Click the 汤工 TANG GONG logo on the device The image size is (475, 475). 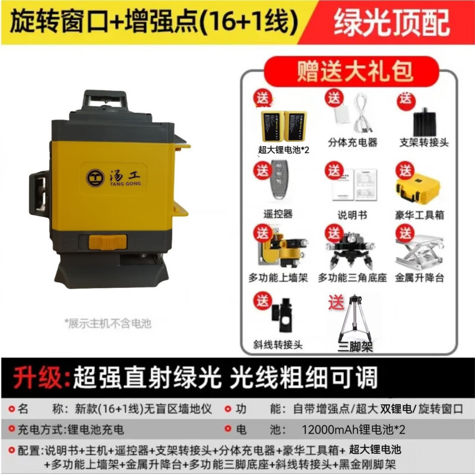114,178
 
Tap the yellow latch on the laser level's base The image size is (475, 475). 107,242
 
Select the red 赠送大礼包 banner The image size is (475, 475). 351,71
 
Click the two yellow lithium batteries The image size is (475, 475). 284,126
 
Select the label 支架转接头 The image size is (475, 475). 424,142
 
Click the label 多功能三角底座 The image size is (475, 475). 352,277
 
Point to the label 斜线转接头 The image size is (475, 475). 278,345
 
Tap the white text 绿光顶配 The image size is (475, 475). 392,23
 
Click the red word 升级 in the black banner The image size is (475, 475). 39,377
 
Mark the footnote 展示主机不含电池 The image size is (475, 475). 108,324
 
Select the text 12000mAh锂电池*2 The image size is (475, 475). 353,429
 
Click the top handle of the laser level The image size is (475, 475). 105,100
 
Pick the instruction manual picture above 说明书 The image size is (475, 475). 354,185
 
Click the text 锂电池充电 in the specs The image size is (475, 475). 96,429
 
